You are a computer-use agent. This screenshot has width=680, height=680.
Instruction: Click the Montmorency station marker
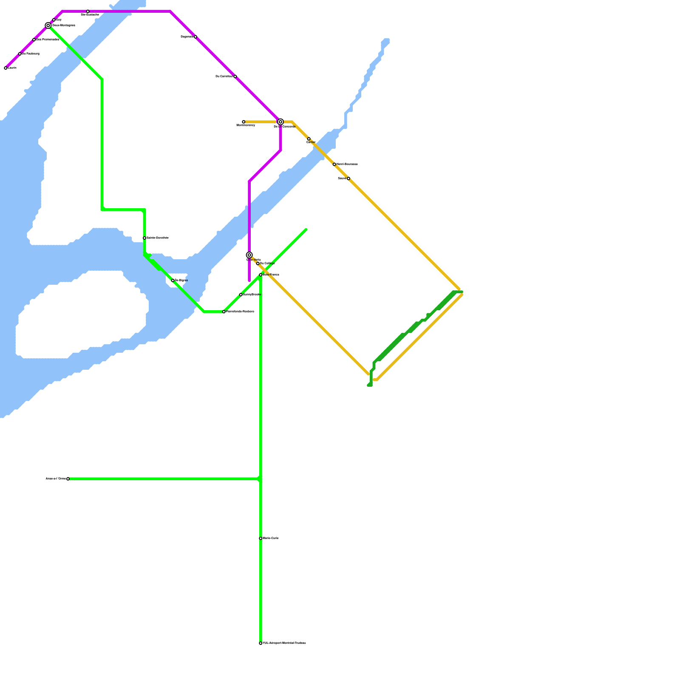pos(244,122)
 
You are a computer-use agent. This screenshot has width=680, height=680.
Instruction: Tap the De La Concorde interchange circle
pos(280,122)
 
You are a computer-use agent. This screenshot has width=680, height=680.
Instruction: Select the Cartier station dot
pos(309,139)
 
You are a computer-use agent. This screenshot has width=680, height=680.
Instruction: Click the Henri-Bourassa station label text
pos(347,164)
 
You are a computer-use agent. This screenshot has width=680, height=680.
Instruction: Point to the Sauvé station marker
pos(348,178)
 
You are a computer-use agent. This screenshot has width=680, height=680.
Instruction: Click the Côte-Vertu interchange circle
pos(249,255)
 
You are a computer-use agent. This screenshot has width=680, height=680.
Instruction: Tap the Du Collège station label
pos(267,263)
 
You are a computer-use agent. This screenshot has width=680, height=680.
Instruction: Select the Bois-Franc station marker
pos(261,275)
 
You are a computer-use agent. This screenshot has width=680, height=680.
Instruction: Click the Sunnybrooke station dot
pos(241,295)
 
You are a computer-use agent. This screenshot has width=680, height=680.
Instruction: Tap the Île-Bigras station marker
pos(173,280)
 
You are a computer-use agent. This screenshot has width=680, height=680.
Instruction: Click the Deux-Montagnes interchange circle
pos(48,25)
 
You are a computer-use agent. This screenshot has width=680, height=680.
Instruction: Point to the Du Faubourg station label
pos(31,54)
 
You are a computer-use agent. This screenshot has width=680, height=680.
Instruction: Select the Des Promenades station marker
pos(34,40)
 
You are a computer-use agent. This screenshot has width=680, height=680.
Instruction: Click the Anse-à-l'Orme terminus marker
pos(68,479)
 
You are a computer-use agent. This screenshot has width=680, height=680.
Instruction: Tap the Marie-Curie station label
pos(271,538)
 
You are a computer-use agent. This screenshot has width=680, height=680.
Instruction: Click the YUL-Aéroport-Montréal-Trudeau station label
pos(284,643)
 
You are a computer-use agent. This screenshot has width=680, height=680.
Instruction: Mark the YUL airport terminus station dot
pos(261,643)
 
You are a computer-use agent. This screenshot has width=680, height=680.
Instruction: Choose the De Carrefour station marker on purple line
pos(235,76)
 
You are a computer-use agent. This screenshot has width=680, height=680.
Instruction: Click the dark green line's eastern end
pos(462,292)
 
